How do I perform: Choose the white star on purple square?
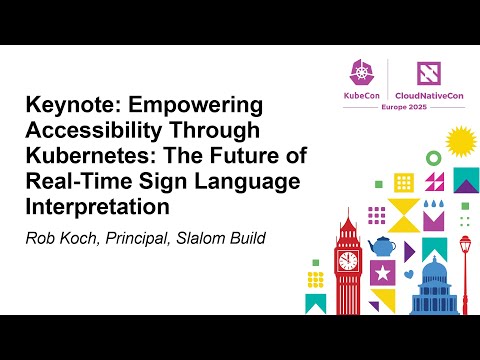[380, 271]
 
